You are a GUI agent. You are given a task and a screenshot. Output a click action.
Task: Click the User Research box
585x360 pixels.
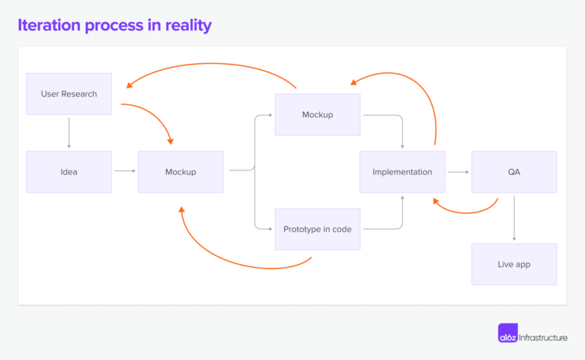(69, 94)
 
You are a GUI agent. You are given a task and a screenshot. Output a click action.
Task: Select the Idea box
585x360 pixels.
(69, 171)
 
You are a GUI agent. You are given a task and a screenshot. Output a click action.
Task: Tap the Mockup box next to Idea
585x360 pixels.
(181, 171)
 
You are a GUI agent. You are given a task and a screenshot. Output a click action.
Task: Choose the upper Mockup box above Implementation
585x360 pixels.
(317, 114)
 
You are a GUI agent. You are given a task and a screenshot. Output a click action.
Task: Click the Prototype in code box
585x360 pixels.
(317, 228)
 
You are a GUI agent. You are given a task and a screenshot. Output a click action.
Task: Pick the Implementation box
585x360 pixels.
(402, 171)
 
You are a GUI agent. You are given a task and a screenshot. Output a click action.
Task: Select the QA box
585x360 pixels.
(513, 171)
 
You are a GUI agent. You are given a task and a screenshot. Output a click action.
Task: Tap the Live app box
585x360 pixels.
(513, 264)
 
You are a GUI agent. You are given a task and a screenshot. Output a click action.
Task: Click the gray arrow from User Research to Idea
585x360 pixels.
(69, 132)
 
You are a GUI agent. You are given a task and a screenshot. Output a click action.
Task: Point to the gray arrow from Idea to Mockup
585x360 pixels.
(124, 171)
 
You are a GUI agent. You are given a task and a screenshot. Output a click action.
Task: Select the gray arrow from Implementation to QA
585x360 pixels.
(458, 172)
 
